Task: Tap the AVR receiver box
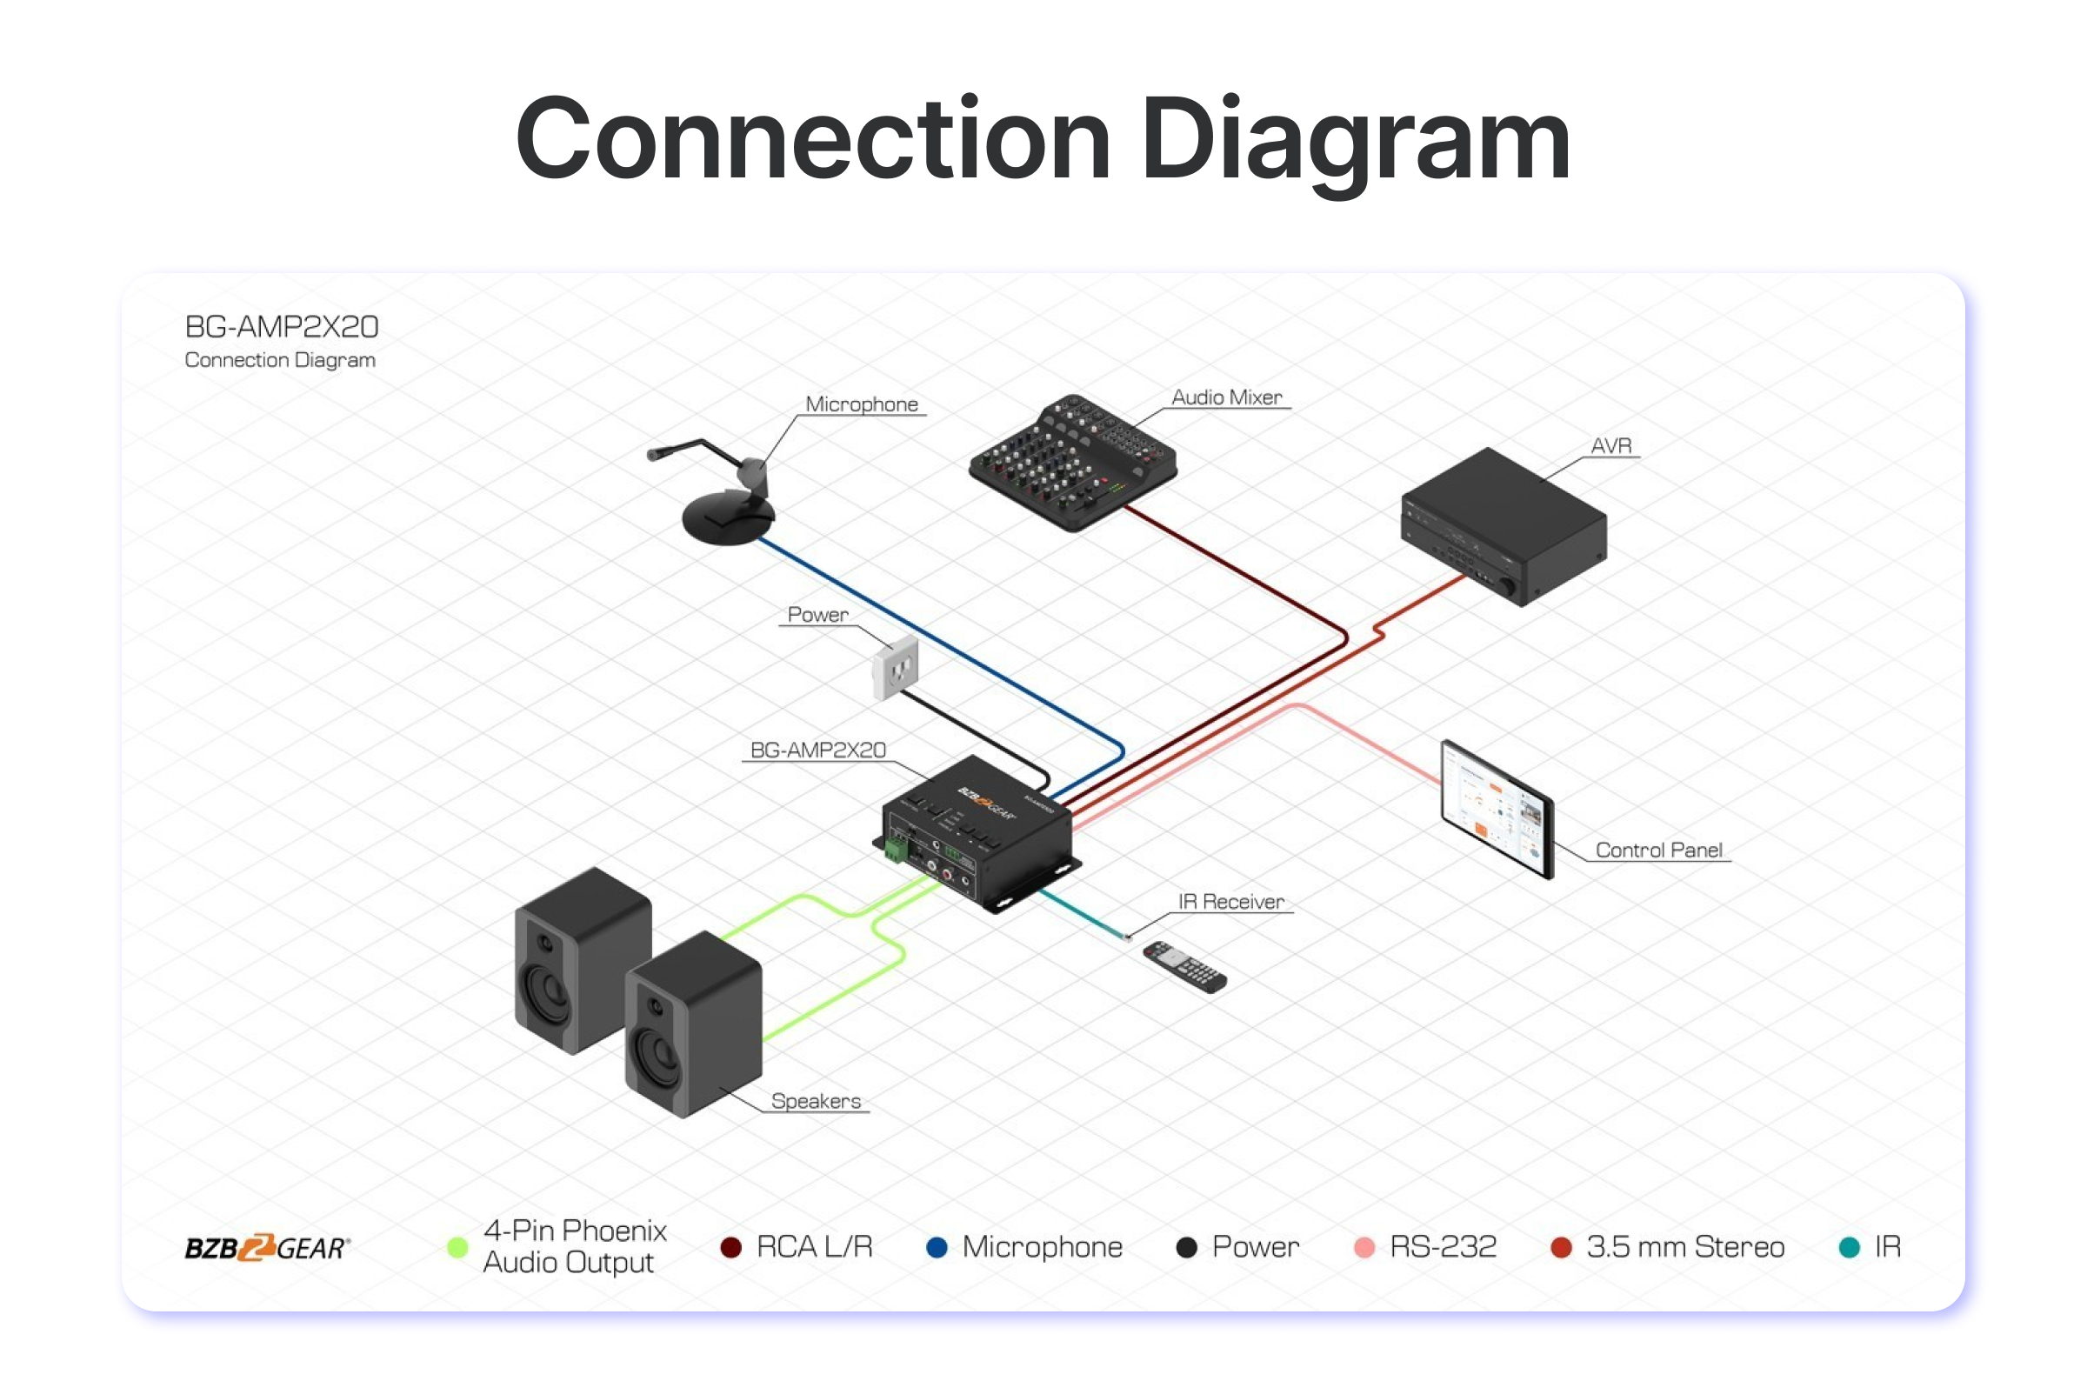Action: [1504, 525]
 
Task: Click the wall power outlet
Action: [896, 668]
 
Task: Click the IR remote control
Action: [1184, 966]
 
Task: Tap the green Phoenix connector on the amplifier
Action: [897, 850]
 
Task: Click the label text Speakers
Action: [816, 1101]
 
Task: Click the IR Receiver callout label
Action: [1230, 902]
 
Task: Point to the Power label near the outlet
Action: [817, 615]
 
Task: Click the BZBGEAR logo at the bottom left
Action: [267, 1248]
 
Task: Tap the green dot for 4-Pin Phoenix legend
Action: [457, 1247]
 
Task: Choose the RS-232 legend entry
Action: [1442, 1247]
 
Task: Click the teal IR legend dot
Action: [1850, 1247]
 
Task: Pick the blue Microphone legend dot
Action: [937, 1247]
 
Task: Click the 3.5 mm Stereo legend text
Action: [1684, 1247]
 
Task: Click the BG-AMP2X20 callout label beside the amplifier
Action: [817, 751]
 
